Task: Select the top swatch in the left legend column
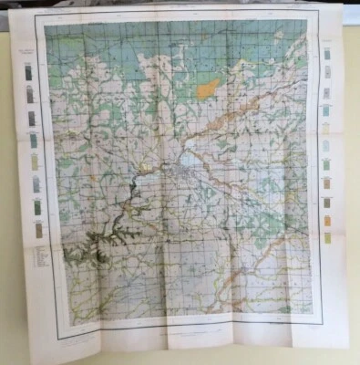coord(30,72)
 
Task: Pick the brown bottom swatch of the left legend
coord(38,231)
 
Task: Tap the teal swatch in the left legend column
coord(35,140)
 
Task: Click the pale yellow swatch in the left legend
coord(36,162)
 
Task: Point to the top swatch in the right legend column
coord(326,54)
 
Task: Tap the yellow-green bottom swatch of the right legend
coord(327,238)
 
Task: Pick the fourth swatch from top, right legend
coord(325,110)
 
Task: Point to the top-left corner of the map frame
coord(44,22)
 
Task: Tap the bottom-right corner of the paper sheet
coord(346,345)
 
